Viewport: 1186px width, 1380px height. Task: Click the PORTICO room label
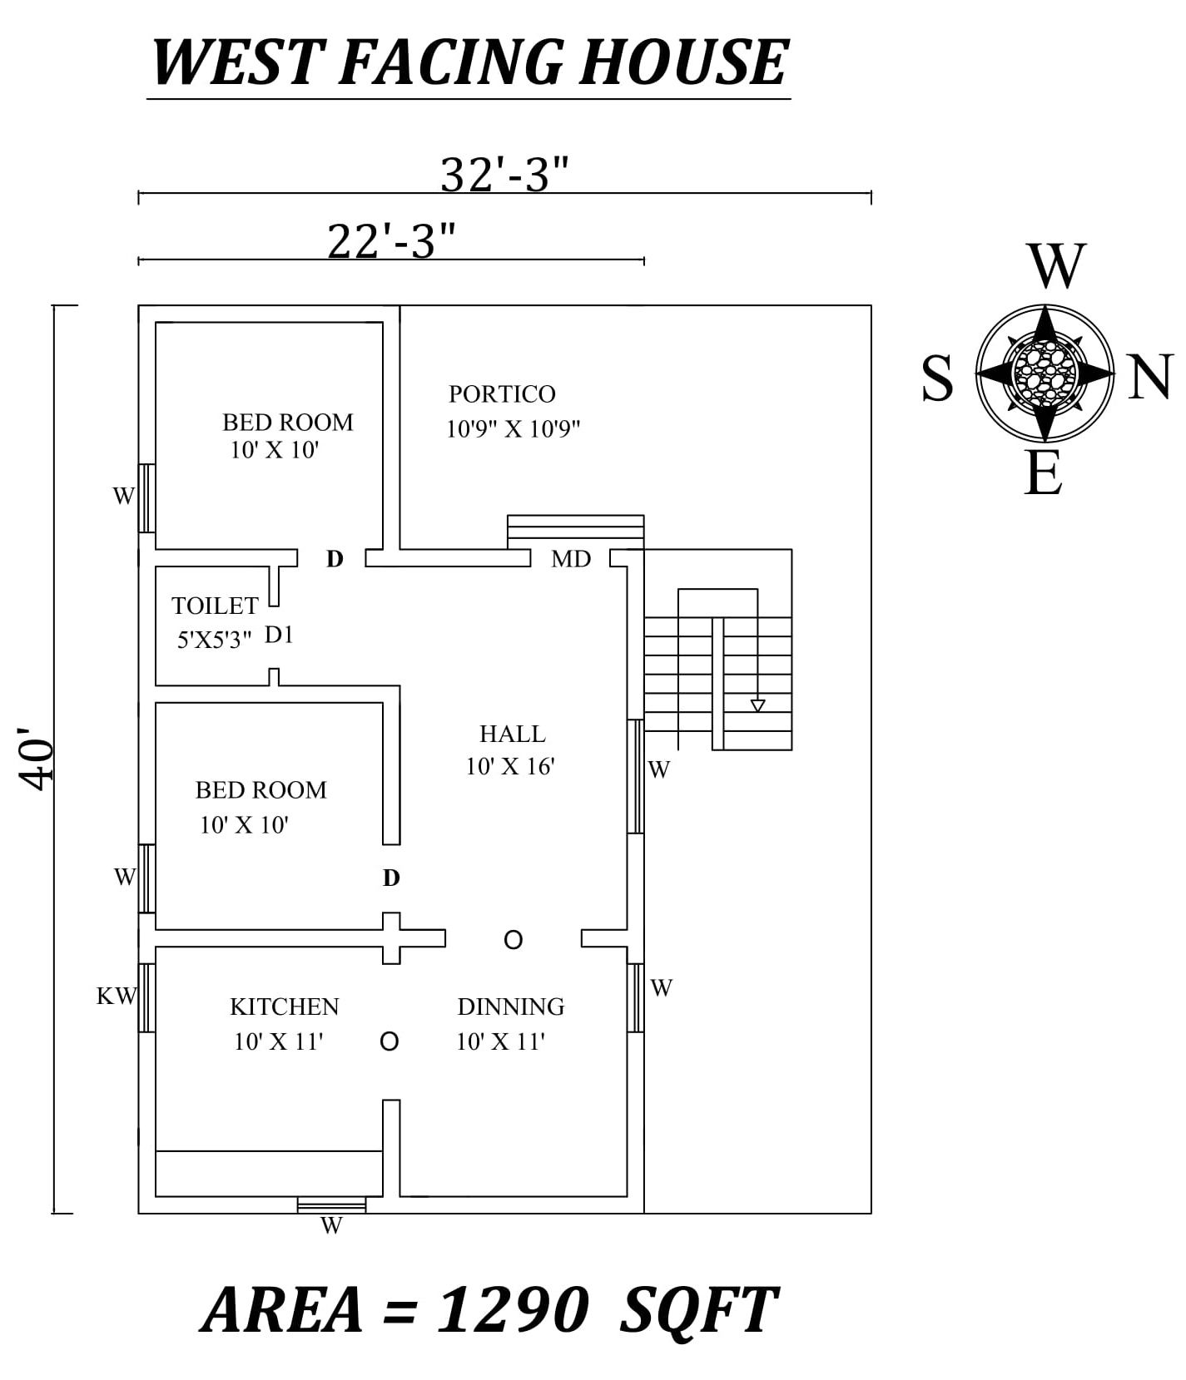point(502,393)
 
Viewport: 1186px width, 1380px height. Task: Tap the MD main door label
point(571,559)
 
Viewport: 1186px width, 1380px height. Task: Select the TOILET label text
point(215,606)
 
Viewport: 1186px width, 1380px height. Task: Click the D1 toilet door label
point(279,636)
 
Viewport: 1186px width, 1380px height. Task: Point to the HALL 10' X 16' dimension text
point(510,767)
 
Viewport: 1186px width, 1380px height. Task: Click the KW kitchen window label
point(116,996)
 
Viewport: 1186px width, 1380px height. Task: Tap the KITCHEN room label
point(285,1007)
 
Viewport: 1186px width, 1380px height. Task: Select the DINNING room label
point(511,1007)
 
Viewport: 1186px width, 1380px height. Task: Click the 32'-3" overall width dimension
point(504,176)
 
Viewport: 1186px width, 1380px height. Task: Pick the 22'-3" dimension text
point(391,242)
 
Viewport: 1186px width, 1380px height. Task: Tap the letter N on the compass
point(1151,377)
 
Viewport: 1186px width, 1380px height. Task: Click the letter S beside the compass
point(938,378)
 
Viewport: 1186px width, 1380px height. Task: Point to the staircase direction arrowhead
point(757,705)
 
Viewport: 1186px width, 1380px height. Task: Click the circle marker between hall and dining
point(514,940)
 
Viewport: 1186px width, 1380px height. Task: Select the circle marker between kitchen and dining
point(389,1041)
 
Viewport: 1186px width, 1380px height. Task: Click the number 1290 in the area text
point(513,1311)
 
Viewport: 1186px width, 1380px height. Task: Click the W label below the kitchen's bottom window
point(331,1226)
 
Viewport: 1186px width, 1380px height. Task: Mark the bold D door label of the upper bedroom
point(335,559)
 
